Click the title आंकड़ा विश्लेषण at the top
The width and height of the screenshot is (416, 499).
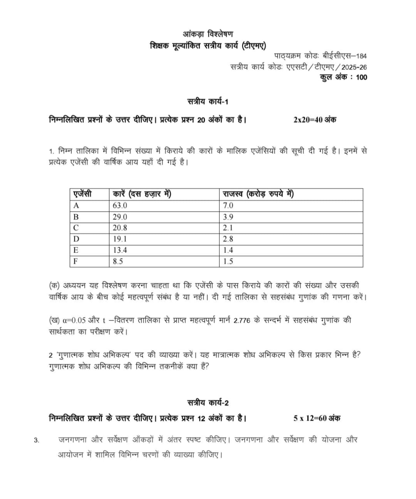tap(208, 34)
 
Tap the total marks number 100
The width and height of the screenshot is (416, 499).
tap(361, 77)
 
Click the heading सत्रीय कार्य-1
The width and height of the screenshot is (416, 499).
tap(208, 102)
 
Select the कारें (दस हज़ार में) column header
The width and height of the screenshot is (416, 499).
tap(142, 194)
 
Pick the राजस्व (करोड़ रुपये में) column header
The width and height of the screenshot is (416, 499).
tap(258, 194)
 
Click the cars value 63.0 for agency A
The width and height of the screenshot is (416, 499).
tap(120, 205)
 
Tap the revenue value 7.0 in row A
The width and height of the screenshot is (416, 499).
tap(228, 205)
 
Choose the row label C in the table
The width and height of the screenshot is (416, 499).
tap(76, 228)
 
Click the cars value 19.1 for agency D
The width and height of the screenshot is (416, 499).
tap(120, 239)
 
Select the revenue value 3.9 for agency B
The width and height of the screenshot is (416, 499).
tap(228, 217)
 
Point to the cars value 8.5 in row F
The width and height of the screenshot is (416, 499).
tap(118, 261)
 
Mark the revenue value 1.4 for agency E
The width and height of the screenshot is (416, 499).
tap(228, 250)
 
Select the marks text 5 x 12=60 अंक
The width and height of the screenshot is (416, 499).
tap(317, 418)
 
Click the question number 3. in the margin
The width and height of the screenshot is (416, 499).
tap(37, 441)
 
